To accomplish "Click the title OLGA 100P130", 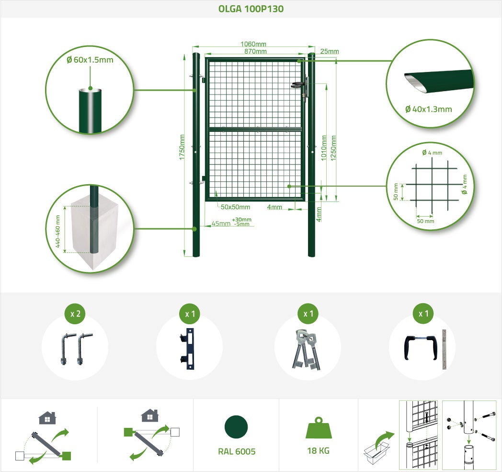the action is click(251, 9).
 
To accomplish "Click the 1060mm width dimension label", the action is click(253, 44).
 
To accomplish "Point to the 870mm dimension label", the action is click(255, 51).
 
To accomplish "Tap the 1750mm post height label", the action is click(182, 147).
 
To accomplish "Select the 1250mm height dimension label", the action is click(333, 148).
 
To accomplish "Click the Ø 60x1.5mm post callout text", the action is click(90, 59).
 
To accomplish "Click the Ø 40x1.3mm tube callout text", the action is click(428, 109).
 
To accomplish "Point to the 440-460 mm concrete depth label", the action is click(57, 231).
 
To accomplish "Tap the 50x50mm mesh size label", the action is click(235, 207).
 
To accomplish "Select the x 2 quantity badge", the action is click(75, 314).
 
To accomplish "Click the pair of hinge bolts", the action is click(77, 349).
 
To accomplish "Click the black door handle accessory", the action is click(420, 348).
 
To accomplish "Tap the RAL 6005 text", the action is click(237, 451).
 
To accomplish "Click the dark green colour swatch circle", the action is click(236, 427).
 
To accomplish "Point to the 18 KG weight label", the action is click(318, 451).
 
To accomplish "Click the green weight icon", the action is click(319, 428).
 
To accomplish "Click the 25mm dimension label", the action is click(330, 51).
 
